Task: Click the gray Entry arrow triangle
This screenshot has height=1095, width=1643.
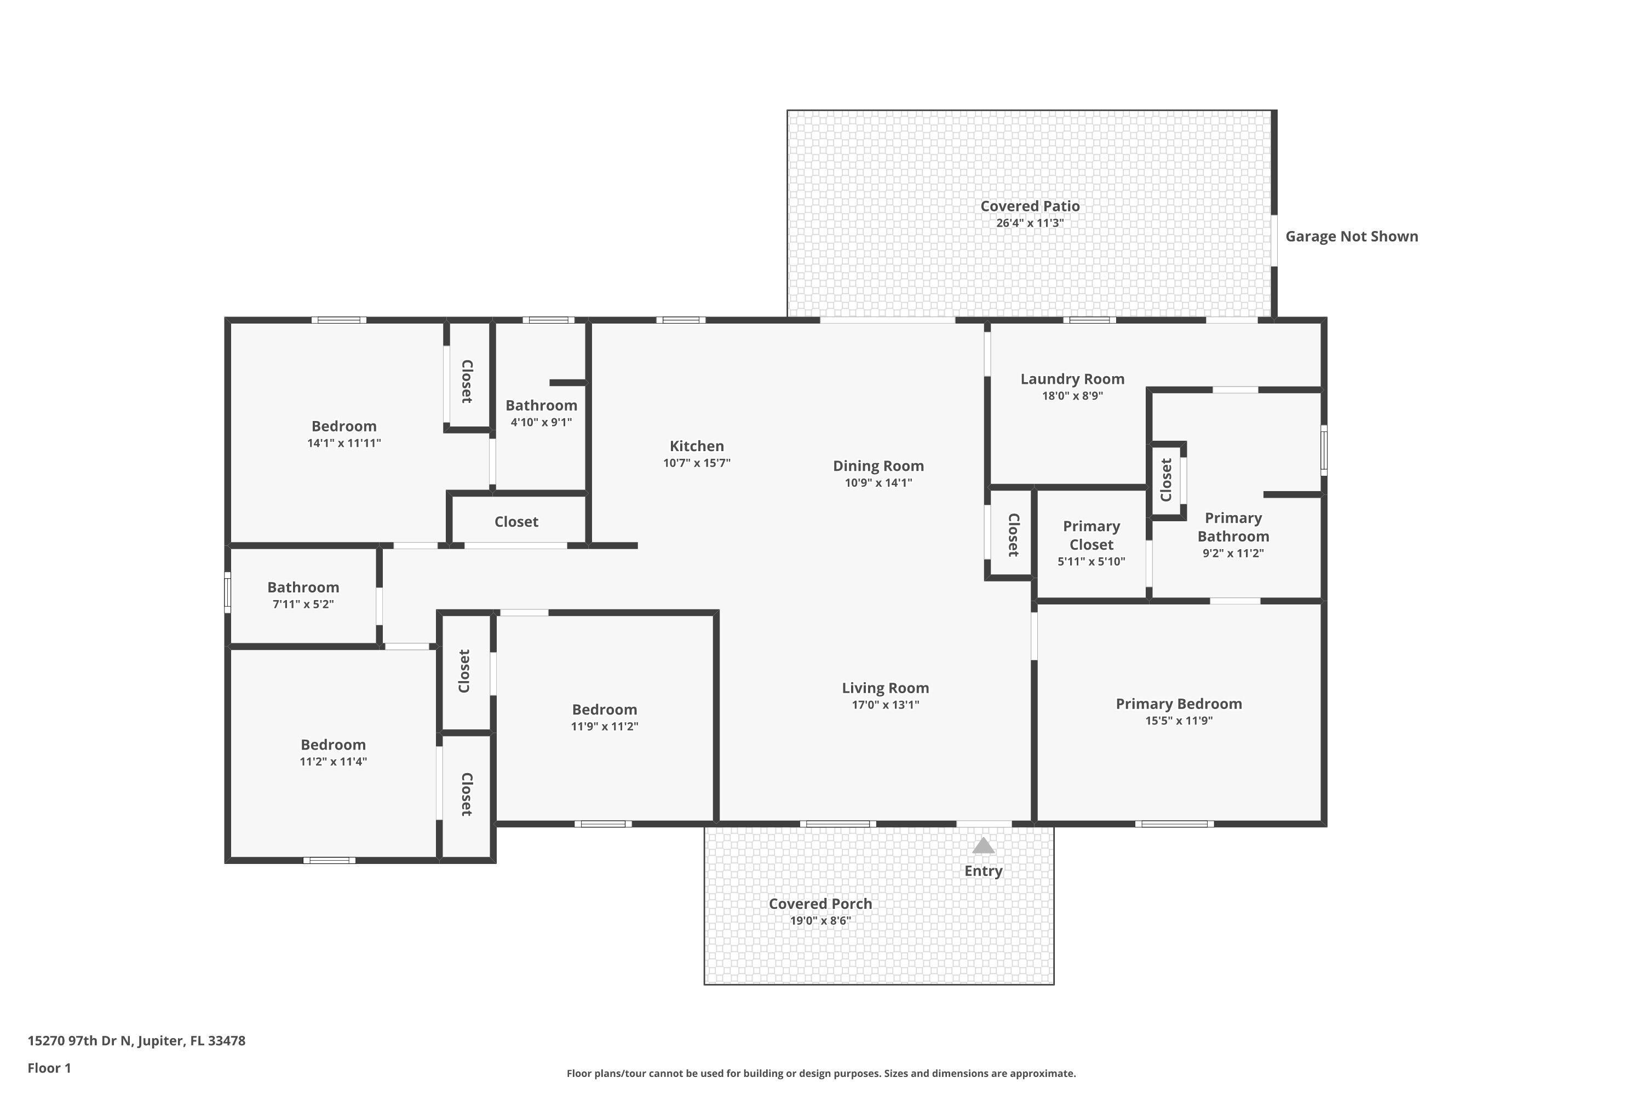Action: (983, 846)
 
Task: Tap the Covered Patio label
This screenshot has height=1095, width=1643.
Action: (1030, 206)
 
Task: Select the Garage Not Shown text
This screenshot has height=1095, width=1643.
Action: (1351, 236)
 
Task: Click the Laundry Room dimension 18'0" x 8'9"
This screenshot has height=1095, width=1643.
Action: (1072, 396)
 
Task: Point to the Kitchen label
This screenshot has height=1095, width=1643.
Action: (697, 446)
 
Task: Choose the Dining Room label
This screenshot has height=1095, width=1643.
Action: (878, 466)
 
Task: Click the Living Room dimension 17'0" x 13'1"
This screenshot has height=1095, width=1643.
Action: (885, 705)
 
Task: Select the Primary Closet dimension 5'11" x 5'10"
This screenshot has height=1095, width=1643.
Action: (1091, 562)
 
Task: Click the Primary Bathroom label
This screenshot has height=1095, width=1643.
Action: (1233, 527)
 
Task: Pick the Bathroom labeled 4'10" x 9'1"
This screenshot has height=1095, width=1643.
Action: (542, 405)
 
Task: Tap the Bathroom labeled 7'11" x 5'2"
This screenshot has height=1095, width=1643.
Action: (303, 587)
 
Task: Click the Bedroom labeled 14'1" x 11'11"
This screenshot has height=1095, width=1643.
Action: (344, 426)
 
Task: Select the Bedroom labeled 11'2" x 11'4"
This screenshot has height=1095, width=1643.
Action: (333, 745)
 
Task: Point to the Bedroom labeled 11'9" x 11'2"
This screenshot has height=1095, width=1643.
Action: (604, 710)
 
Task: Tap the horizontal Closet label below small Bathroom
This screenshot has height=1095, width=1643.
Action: (516, 522)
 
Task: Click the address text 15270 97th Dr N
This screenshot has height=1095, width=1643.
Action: (136, 1041)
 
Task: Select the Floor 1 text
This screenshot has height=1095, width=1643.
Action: (49, 1068)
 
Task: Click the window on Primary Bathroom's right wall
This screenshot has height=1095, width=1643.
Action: (1323, 451)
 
